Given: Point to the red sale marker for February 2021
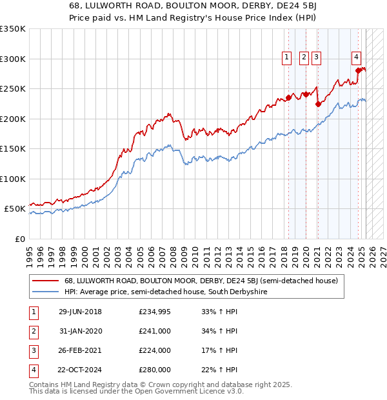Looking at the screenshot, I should (318, 104).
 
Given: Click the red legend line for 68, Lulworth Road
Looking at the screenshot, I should (45, 281).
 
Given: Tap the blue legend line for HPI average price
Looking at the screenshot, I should (45, 292).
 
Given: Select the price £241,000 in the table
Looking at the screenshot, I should (155, 332).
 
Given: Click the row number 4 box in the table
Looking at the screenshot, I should (33, 370).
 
